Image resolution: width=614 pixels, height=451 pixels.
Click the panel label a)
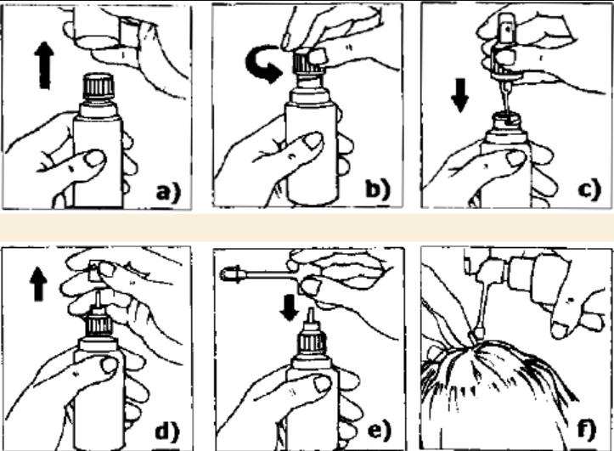tap(168, 193)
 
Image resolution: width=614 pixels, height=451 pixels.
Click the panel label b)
tap(378, 189)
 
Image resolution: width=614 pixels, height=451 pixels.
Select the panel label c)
tap(589, 189)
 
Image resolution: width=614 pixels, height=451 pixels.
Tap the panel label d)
tap(167, 431)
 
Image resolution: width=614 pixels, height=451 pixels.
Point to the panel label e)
tap(380, 430)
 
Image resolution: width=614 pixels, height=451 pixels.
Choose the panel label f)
tap(587, 429)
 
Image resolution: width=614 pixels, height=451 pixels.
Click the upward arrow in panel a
tap(45, 65)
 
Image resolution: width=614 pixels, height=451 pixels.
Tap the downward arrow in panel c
tap(459, 95)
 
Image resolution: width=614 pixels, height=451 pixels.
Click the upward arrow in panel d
tap(38, 285)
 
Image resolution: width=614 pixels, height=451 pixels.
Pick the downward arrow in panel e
tap(290, 307)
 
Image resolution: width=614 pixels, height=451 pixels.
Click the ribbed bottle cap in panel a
tap(99, 86)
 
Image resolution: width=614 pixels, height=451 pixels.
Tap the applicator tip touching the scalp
tap(476, 334)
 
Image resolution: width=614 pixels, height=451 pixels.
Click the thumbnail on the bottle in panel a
tap(95, 159)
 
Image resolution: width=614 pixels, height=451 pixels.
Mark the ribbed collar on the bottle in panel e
tap(312, 341)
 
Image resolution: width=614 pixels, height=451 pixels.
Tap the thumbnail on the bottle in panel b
tap(313, 140)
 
